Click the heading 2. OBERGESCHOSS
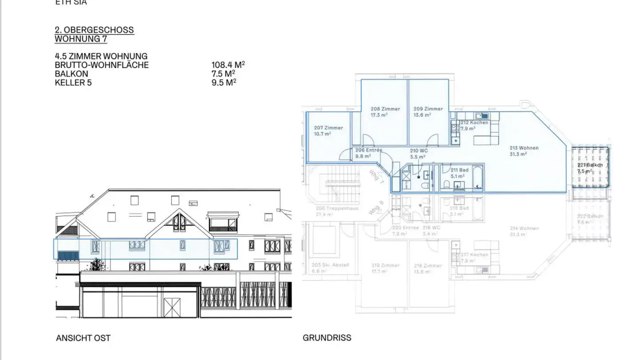click(x=94, y=30)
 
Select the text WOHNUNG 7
click(x=81, y=39)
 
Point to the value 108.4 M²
click(x=228, y=65)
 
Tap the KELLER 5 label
click(x=73, y=82)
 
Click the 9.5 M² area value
click(x=224, y=82)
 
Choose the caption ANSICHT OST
click(x=83, y=338)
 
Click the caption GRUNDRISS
click(x=327, y=338)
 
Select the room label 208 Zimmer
click(x=385, y=109)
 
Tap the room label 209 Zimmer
click(x=428, y=109)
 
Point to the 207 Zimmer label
click(x=328, y=128)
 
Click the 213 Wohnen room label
click(x=524, y=148)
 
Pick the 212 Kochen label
click(x=474, y=123)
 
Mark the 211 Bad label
click(x=460, y=170)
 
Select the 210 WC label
click(x=418, y=151)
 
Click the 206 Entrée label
click(x=368, y=150)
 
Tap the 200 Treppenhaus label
click(x=337, y=208)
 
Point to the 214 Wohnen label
click(x=524, y=228)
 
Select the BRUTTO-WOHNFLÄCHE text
click(x=102, y=65)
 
